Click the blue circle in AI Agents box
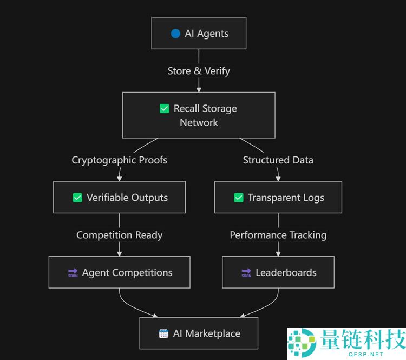(x=175, y=34)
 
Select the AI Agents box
(x=199, y=34)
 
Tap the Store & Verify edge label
(x=199, y=71)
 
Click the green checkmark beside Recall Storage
(x=165, y=109)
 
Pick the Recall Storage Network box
(x=199, y=115)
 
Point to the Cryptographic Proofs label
(x=120, y=160)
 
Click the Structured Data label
(x=278, y=160)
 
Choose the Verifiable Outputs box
(x=120, y=197)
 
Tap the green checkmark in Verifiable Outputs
(x=77, y=198)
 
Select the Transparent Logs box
(x=278, y=197)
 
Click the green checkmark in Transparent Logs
(x=239, y=198)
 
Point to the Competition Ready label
(x=120, y=235)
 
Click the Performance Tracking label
(x=278, y=235)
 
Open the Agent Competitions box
(x=120, y=272)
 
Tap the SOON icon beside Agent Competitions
(x=73, y=272)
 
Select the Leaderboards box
(x=278, y=272)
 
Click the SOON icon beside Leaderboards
(x=246, y=272)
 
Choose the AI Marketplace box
(x=199, y=333)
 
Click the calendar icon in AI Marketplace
(x=163, y=333)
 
